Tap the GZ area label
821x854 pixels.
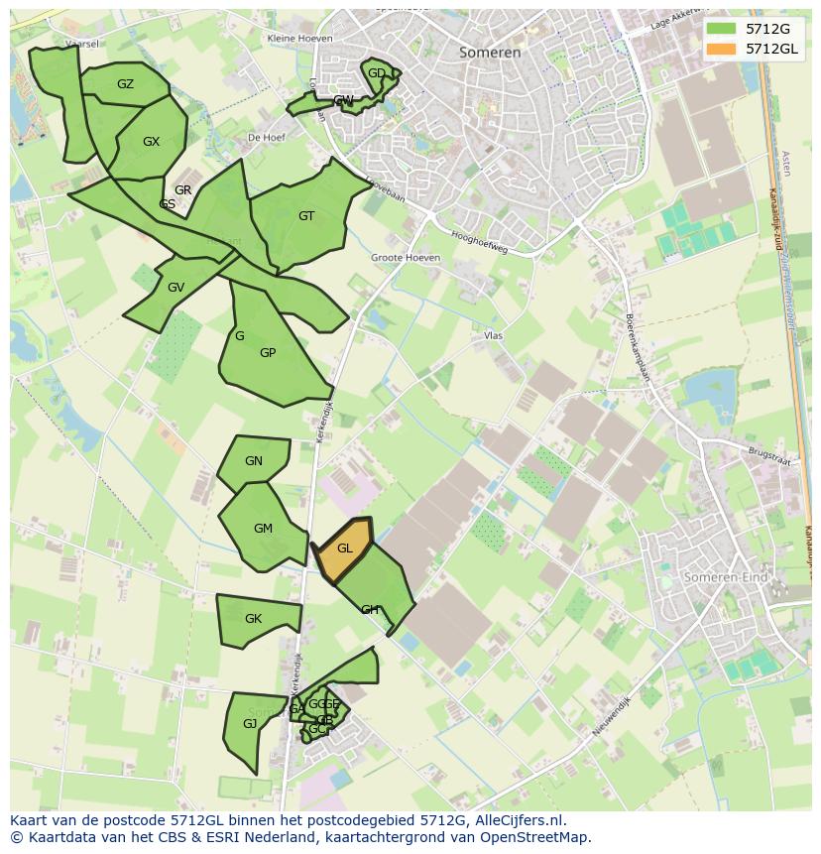coord(125,84)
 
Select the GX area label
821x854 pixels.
coord(151,142)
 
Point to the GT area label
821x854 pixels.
coord(306,216)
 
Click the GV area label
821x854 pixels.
coord(176,288)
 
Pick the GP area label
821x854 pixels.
coord(268,353)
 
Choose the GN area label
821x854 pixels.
coord(254,461)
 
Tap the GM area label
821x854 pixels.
coord(263,529)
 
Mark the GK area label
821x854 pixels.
coord(253,619)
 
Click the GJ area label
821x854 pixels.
coord(250,724)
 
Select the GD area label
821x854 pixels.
coord(377,73)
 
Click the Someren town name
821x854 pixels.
coord(490,53)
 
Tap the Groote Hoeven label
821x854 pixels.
coord(406,258)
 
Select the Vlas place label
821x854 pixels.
coord(494,336)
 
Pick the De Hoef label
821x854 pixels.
coord(267,138)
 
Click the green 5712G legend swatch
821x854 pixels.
coord(721,29)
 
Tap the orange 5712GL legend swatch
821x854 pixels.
coord(721,49)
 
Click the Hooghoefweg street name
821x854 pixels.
coord(479,242)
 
